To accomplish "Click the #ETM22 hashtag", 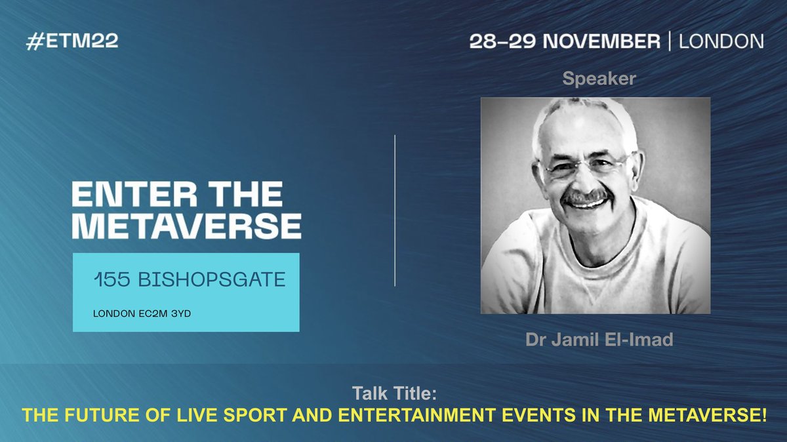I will tap(71, 41).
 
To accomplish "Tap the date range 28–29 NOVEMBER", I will tap(565, 41).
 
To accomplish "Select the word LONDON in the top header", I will tap(721, 41).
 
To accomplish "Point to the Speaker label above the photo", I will tap(599, 79).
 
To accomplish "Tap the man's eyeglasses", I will tap(588, 163).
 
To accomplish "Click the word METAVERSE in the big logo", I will tap(186, 226).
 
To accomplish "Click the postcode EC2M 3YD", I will tap(164, 313).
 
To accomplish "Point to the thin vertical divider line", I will tap(395, 210).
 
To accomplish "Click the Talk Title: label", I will tap(393, 395).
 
